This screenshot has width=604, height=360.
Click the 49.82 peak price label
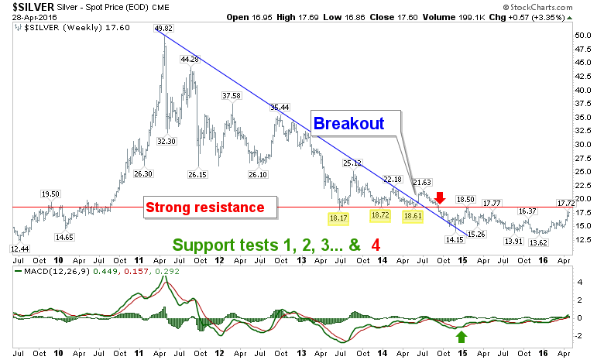(163, 28)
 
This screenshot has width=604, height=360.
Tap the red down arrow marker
(441, 198)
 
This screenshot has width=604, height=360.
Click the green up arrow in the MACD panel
(462, 337)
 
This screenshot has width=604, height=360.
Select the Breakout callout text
(349, 123)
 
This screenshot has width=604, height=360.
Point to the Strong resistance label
(205, 207)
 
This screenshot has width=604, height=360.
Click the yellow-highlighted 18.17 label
(338, 218)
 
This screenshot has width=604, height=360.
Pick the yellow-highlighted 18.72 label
(380, 215)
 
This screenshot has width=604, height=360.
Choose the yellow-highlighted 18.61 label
(413, 216)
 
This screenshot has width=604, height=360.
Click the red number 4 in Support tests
(376, 245)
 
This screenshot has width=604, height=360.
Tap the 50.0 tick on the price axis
(583, 36)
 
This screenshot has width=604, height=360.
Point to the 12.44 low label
(20, 249)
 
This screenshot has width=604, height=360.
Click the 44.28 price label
(190, 60)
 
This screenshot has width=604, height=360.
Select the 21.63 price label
(422, 182)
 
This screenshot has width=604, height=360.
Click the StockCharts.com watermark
(537, 7)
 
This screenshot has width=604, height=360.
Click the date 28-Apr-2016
(34, 17)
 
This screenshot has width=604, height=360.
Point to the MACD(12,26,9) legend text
(57, 272)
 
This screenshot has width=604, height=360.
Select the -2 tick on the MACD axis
(579, 336)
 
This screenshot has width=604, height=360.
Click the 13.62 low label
(538, 243)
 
